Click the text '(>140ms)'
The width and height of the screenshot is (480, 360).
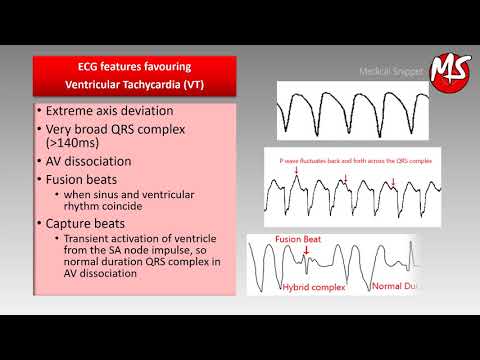pos(69,146)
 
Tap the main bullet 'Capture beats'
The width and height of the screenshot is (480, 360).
pos(89,224)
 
